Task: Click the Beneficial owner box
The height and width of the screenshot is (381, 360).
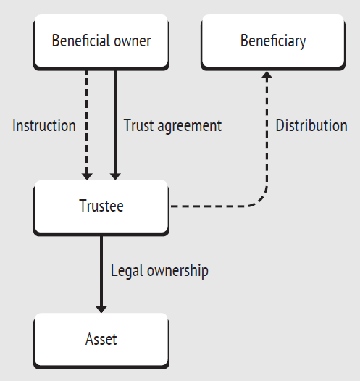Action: (x=101, y=42)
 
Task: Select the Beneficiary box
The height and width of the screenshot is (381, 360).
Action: (x=273, y=42)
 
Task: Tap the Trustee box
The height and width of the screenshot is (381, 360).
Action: (x=101, y=208)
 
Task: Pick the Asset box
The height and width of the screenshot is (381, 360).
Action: (x=101, y=341)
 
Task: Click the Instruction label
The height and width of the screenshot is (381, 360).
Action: (x=44, y=125)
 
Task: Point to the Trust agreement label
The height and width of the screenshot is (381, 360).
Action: (x=172, y=126)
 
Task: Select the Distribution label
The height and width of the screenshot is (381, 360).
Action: (x=311, y=125)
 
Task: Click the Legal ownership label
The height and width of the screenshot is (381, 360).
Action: (x=159, y=271)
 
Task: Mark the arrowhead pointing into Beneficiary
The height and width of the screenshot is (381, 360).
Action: (x=267, y=75)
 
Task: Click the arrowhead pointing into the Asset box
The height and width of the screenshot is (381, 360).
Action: (x=101, y=309)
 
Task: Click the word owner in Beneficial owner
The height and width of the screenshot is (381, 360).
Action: (x=133, y=41)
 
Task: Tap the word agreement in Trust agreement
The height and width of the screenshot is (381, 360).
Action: (x=190, y=127)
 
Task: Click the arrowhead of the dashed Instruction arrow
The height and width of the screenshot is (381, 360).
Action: (x=87, y=177)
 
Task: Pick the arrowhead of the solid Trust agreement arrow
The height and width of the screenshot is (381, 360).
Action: (x=115, y=177)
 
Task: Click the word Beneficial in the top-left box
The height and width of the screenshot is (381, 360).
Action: (x=81, y=41)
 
